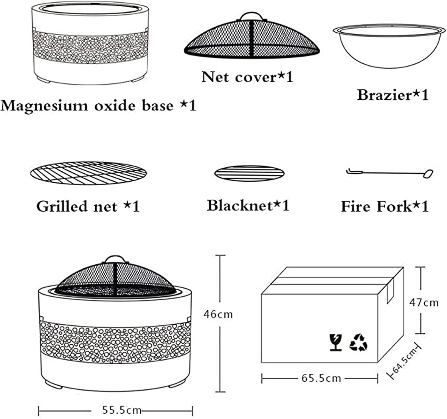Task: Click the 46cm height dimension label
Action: [218, 314]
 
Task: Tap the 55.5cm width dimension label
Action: [122, 410]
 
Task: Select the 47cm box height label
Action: [423, 303]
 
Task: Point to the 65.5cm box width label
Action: [321, 378]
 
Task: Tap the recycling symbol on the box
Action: [358, 342]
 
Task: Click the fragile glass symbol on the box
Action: [336, 342]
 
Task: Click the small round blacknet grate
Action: [249, 173]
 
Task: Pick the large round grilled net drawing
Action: [89, 173]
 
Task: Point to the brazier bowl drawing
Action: [389, 46]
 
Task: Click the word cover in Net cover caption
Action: [256, 77]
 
